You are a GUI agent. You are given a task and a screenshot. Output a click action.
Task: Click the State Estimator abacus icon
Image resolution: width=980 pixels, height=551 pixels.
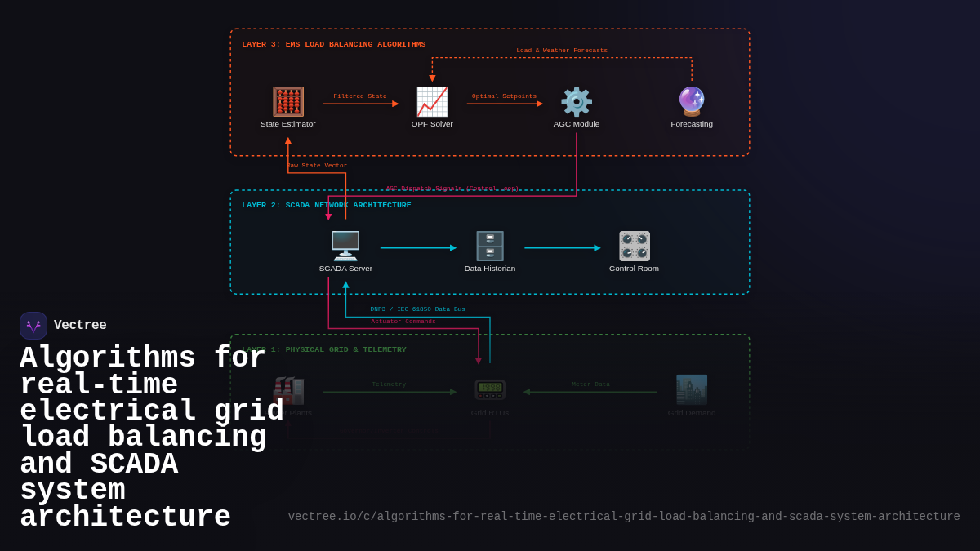click(288, 102)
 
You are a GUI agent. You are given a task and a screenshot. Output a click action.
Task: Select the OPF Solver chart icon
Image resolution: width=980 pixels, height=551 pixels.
click(432, 102)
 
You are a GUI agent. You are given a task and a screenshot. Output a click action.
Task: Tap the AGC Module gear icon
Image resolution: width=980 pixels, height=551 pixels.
click(577, 102)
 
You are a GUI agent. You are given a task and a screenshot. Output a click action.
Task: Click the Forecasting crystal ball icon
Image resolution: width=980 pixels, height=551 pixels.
click(692, 102)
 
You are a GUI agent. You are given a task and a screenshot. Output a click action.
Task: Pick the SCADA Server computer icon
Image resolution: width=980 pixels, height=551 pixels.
click(345, 246)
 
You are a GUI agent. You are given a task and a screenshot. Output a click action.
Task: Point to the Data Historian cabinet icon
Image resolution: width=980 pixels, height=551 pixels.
click(490, 246)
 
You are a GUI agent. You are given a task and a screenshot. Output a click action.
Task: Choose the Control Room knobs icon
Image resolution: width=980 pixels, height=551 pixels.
click(634, 246)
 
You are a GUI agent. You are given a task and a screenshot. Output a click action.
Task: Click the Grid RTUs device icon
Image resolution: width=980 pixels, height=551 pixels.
click(490, 389)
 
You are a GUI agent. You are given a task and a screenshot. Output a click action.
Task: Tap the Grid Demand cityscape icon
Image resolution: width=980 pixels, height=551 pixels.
click(692, 389)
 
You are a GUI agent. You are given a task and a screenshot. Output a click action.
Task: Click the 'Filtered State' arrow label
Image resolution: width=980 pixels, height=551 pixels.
click(360, 96)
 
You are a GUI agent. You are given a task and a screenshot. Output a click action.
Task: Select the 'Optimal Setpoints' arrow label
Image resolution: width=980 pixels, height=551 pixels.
click(504, 96)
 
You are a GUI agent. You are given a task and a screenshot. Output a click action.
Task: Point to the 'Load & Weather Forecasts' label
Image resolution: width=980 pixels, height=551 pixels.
click(562, 51)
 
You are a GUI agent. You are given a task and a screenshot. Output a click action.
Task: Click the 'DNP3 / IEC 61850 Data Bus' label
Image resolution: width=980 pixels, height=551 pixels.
click(417, 309)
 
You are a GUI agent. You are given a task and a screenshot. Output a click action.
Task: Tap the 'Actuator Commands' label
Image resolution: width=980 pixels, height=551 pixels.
click(403, 322)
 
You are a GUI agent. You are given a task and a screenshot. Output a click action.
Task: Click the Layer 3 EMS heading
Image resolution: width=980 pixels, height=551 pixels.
click(333, 44)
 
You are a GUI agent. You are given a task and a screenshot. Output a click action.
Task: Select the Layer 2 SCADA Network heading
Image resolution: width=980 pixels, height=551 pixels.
click(327, 205)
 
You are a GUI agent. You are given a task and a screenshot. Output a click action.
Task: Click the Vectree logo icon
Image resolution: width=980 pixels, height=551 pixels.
click(33, 326)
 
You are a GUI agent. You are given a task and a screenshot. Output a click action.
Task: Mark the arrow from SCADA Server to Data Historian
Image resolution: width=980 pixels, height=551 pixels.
click(417, 248)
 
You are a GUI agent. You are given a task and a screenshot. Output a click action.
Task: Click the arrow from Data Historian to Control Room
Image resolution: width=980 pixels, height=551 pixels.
click(562, 248)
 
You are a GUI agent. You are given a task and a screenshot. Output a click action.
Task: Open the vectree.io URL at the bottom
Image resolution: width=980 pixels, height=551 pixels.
click(624, 517)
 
